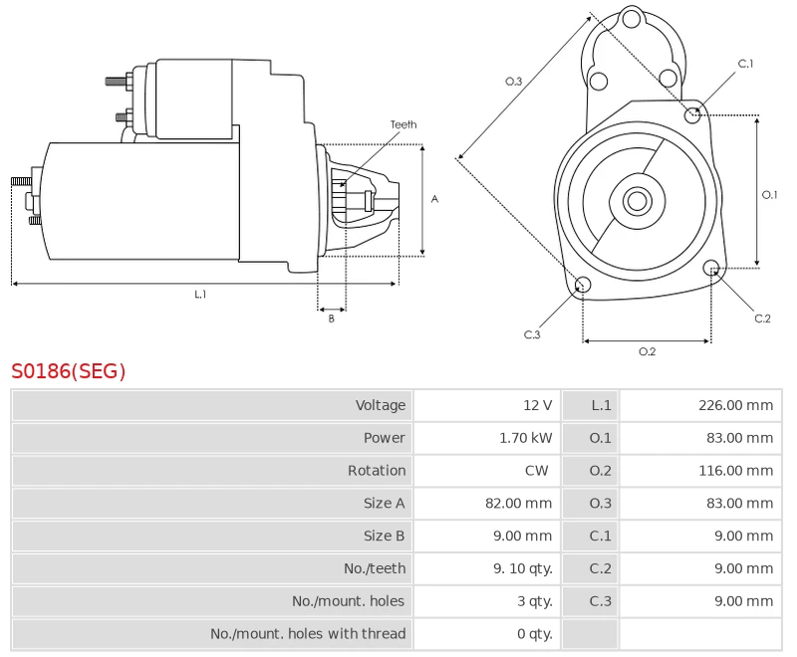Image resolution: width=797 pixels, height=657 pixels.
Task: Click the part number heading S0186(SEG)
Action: tap(69, 371)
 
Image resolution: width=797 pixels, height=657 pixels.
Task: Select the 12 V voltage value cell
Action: tap(537, 405)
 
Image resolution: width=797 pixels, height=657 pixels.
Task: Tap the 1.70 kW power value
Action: tap(525, 438)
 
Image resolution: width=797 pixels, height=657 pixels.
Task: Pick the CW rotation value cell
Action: tap(536, 471)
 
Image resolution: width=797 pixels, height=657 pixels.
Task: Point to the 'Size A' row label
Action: tap(384, 504)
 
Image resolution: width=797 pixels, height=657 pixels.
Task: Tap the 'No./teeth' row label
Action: tap(375, 568)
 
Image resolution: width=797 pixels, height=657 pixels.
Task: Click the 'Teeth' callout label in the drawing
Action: tap(403, 125)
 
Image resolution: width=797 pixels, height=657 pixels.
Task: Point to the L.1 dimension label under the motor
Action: tap(200, 295)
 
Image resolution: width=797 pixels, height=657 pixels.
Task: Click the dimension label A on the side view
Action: tap(434, 199)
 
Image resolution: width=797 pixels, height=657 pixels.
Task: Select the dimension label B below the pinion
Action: tap(332, 319)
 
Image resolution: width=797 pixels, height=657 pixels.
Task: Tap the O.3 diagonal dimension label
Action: tap(514, 82)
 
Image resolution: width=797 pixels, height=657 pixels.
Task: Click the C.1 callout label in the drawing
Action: tap(745, 64)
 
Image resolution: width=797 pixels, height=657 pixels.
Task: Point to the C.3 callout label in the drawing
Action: tap(532, 334)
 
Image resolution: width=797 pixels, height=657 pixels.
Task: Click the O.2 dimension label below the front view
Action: tap(647, 351)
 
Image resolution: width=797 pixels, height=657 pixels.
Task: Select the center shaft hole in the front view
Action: tap(636, 201)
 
